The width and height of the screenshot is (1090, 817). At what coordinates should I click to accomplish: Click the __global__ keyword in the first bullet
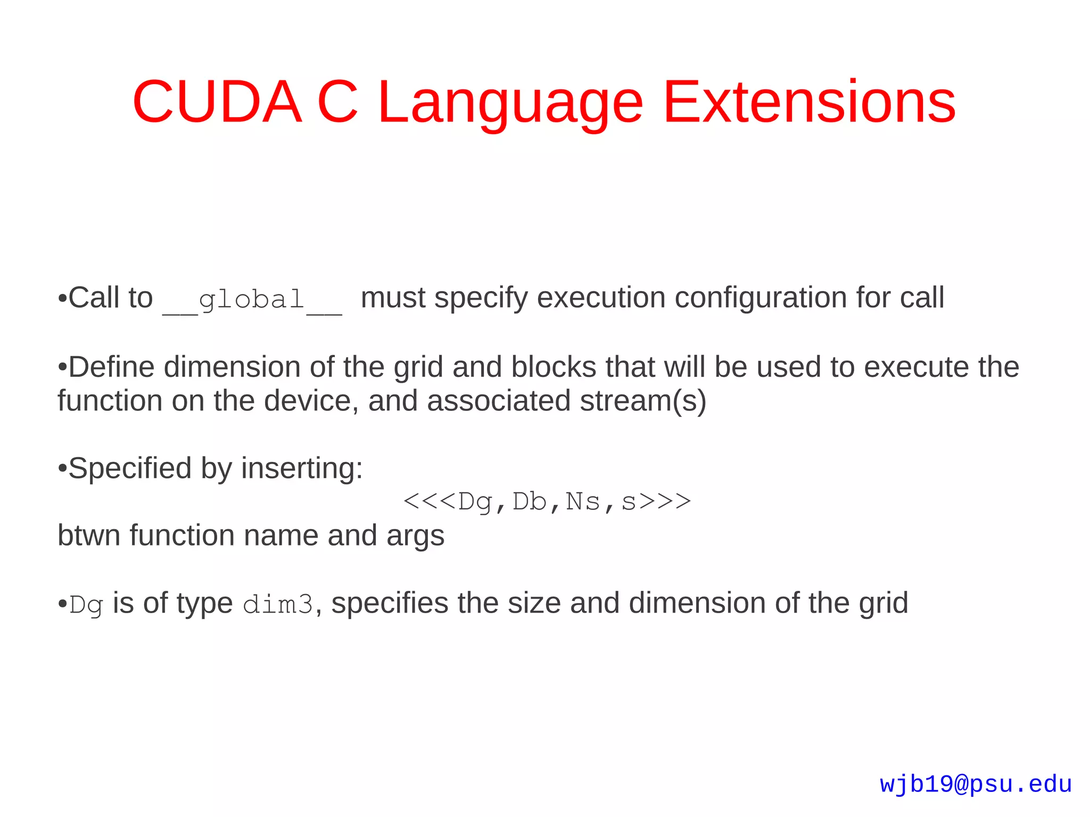252,300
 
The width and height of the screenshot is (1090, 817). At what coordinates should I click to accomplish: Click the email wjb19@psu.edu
975,785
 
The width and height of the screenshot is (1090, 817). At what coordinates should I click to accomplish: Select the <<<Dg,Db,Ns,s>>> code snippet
547,501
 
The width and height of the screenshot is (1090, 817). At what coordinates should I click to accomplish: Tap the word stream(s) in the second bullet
643,401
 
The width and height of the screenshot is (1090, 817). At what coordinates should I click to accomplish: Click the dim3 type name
278,605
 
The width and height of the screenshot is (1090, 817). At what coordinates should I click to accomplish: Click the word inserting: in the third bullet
302,468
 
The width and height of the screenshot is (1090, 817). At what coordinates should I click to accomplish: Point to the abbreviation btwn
88,535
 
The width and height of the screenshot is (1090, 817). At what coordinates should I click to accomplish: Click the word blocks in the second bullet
554,367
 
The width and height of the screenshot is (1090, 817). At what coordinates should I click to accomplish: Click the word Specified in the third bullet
130,468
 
